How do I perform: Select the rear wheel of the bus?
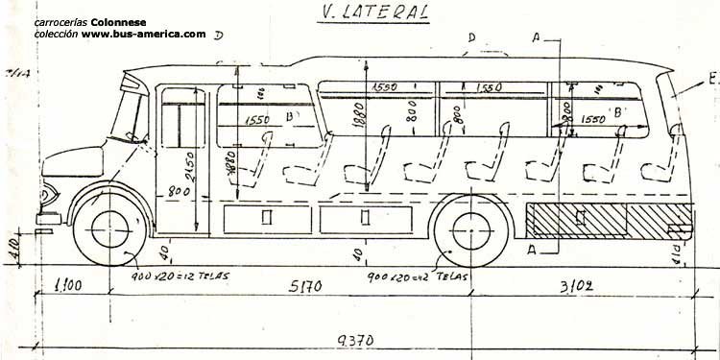pos(468,230)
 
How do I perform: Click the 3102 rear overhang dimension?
pos(578,285)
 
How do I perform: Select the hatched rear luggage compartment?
pos(576,220)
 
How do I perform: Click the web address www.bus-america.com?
pos(143,35)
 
